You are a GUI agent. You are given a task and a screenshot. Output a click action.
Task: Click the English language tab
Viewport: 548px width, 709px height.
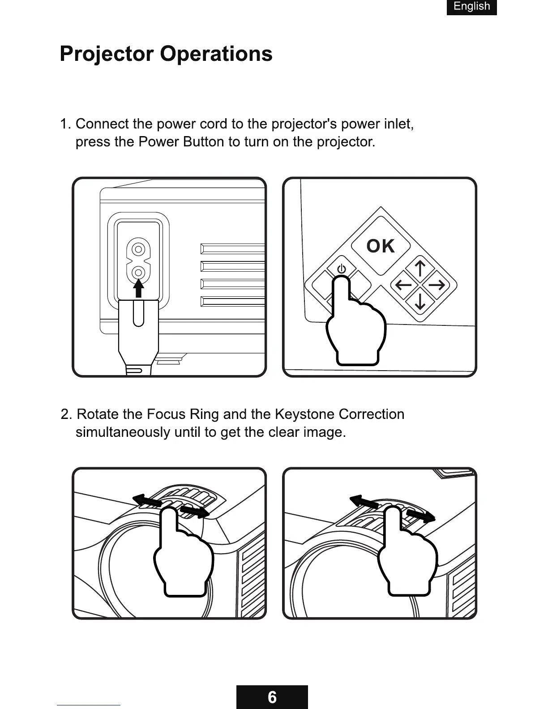coord(471,7)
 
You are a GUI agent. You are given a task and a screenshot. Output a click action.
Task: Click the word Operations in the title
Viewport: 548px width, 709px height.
coord(216,54)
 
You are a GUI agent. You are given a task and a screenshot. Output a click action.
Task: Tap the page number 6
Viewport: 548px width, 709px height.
coord(272,697)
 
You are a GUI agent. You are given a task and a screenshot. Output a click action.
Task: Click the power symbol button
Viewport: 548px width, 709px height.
coord(341,269)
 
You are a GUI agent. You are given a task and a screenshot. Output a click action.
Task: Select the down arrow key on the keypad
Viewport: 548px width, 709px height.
coord(420,299)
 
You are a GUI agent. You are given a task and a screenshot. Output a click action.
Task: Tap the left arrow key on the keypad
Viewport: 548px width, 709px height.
coord(404,284)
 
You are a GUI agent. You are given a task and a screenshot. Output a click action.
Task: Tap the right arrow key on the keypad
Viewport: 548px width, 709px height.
coord(435,284)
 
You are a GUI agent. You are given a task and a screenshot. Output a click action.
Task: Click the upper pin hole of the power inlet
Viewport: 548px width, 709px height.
coord(139,249)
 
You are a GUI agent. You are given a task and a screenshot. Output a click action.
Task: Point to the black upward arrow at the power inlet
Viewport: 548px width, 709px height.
coord(139,288)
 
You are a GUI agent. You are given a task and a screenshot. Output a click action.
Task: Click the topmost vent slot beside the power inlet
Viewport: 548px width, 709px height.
coord(233,249)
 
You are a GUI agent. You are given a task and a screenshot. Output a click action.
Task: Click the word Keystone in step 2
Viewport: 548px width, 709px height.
coord(304,414)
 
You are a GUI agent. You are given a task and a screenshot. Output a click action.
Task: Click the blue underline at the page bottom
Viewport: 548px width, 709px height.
coord(89,705)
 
